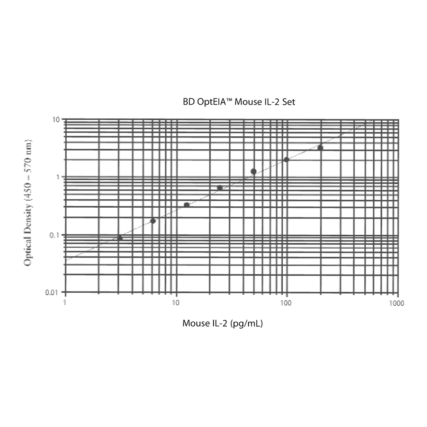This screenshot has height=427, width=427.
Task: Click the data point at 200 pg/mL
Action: click(x=320, y=148)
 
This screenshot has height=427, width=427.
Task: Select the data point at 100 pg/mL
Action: click(x=286, y=160)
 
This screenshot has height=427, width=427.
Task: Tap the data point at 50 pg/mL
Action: click(x=254, y=171)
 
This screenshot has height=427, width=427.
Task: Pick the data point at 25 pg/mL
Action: click(x=220, y=188)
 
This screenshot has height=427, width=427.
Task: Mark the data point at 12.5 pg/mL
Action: click(x=186, y=205)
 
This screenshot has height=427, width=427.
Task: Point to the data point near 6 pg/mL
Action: click(x=153, y=221)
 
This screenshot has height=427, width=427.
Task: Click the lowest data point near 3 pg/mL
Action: click(x=120, y=238)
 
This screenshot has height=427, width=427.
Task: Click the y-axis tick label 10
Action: click(x=56, y=120)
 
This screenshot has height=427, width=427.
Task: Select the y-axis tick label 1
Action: click(x=58, y=177)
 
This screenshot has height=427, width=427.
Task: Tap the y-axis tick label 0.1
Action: click(x=55, y=235)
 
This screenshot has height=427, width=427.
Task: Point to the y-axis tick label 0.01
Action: click(x=52, y=292)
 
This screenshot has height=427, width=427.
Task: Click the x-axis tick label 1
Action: click(x=65, y=302)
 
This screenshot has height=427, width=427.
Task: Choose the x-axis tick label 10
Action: click(x=176, y=303)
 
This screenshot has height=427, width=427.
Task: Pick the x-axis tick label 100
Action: click(x=286, y=303)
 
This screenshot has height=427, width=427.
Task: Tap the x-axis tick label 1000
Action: click(x=397, y=303)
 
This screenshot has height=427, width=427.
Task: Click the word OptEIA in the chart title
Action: click(x=215, y=102)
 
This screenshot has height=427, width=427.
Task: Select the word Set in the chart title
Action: click(x=289, y=102)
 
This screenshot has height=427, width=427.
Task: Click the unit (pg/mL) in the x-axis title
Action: click(x=246, y=324)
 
